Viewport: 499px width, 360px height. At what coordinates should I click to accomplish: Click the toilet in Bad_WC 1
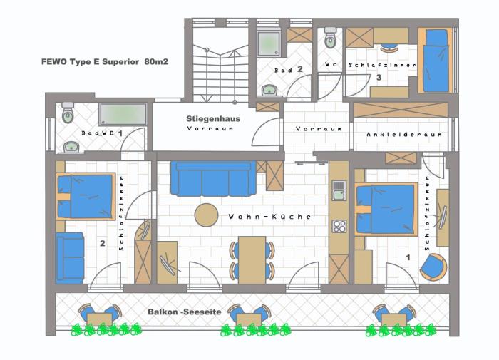click(68, 113)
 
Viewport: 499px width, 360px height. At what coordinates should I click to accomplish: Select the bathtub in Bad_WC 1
click(123, 114)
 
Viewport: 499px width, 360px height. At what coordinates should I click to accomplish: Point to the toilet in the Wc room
click(331, 38)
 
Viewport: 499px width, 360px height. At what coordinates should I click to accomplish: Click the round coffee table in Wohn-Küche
click(206, 215)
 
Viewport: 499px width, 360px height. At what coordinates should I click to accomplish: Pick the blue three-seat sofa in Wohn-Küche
click(213, 178)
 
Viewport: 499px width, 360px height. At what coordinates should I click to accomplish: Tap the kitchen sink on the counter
click(339, 190)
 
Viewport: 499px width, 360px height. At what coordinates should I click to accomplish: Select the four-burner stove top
click(339, 226)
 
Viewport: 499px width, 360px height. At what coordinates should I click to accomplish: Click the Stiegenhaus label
click(213, 119)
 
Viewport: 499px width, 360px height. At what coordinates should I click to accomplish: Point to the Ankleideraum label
click(404, 135)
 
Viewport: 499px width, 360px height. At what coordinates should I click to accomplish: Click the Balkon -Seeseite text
click(184, 312)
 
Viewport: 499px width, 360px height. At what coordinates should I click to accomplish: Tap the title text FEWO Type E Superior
click(90, 62)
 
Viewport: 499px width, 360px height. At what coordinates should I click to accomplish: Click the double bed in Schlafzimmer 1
click(386, 209)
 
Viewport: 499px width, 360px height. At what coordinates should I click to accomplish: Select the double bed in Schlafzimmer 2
click(86, 196)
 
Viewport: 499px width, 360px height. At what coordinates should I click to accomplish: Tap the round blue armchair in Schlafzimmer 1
click(433, 267)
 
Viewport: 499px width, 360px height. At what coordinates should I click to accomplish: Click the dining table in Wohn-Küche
click(252, 259)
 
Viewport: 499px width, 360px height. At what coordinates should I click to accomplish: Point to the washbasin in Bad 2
click(269, 91)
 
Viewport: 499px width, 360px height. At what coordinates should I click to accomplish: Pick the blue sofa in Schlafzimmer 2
click(70, 258)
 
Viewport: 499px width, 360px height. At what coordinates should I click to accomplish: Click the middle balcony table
click(249, 319)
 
